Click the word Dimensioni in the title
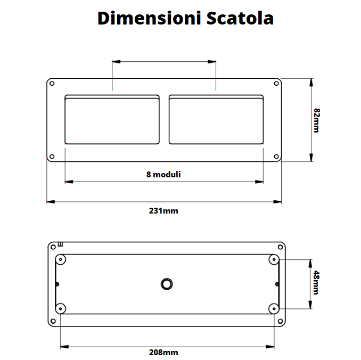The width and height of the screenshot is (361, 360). tap(141, 18)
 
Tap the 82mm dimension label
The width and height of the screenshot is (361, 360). tap(316, 120)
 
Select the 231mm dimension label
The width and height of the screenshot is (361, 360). tap(163, 211)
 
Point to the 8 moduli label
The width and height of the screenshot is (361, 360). tap(163, 174)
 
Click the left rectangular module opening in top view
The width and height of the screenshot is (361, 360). tap(112, 120)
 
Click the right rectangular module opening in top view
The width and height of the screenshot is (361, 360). tap(216, 120)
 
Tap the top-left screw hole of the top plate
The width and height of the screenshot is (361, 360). tap(52, 83)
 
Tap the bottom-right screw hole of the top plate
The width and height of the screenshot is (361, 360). tap(276, 157)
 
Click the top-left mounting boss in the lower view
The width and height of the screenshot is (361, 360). tap(61, 260)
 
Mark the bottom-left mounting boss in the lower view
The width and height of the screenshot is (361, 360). tap(61, 308)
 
